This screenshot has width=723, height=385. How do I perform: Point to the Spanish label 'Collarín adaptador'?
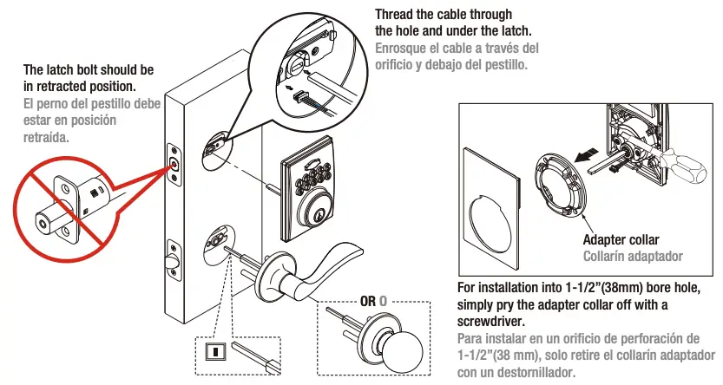[x=633, y=256]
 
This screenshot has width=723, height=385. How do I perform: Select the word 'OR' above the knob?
[x=368, y=301]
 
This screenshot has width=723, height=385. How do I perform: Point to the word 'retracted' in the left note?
[x=49, y=86]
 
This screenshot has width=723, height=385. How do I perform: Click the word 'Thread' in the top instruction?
[x=395, y=15]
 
